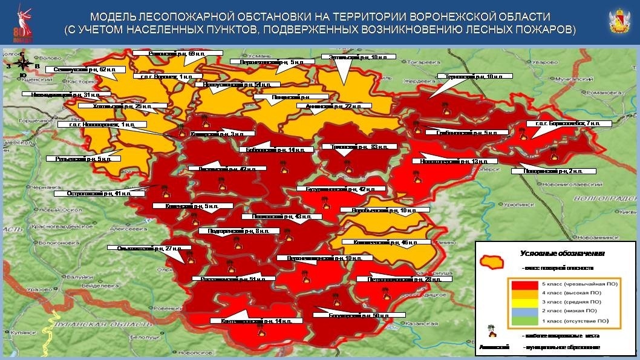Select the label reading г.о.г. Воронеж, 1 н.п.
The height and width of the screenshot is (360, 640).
coord(164,76)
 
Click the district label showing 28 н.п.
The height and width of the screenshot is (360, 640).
coord(404,280)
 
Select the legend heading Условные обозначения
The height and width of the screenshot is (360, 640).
coord(555,254)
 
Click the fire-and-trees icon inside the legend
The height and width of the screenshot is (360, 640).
coord(491,332)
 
